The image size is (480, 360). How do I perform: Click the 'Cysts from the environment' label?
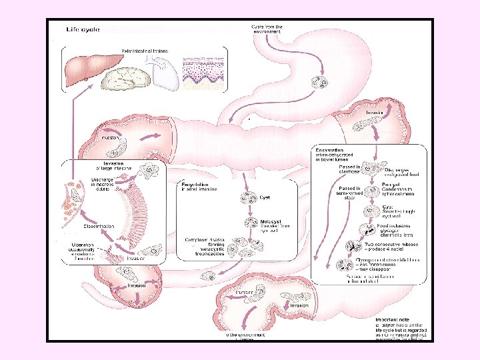coord(267,29)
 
